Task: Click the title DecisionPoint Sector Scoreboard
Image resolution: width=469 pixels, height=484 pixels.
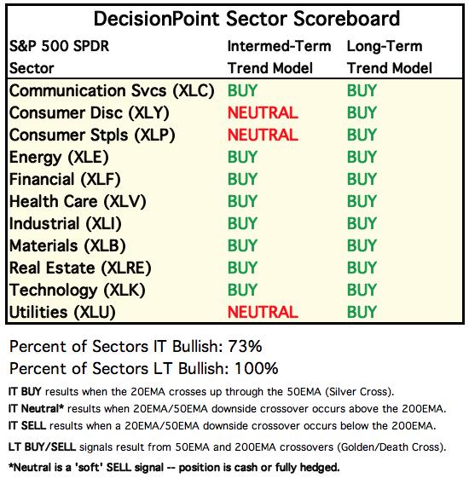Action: (x=246, y=19)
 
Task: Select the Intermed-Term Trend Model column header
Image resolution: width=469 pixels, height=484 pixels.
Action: (x=279, y=57)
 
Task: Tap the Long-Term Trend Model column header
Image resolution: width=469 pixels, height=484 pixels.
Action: (x=390, y=57)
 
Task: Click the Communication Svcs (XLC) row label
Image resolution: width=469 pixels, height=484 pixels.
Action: (x=112, y=91)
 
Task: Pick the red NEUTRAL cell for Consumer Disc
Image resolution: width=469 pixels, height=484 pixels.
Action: (x=263, y=112)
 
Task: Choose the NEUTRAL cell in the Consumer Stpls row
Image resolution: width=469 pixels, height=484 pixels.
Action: (x=263, y=135)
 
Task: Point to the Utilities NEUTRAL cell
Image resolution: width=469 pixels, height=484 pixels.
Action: (x=263, y=312)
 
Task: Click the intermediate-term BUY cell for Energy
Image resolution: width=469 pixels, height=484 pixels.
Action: (x=242, y=157)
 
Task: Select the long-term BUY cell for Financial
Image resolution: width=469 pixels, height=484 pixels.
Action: (x=362, y=179)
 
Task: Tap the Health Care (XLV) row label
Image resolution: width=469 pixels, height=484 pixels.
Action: (x=78, y=202)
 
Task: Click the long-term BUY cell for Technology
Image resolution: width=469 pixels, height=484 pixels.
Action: (x=362, y=290)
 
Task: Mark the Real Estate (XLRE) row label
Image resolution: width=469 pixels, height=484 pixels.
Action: (x=80, y=268)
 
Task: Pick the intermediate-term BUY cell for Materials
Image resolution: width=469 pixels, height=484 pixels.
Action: (x=242, y=245)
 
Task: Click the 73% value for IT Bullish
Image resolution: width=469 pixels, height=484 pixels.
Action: (x=245, y=346)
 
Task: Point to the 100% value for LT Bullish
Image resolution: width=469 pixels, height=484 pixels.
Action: (x=257, y=369)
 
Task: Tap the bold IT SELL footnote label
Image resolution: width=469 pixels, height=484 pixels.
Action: (x=27, y=426)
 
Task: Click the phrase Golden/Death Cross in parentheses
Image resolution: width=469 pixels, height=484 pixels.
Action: (x=389, y=447)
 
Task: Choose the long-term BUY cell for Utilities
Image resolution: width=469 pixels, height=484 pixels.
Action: (x=362, y=312)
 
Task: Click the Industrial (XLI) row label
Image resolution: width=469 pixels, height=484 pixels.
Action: (x=65, y=224)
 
